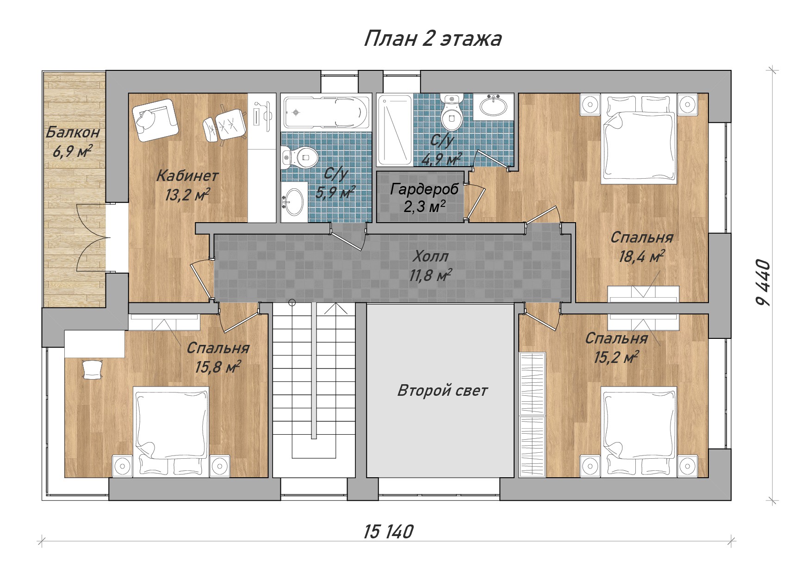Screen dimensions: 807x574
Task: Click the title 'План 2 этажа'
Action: point(433,39)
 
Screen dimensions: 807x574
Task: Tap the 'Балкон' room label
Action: point(73,132)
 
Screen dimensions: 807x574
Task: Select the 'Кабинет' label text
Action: point(187,176)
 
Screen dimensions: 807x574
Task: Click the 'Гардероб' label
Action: point(424,189)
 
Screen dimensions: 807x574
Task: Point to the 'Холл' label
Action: point(431,256)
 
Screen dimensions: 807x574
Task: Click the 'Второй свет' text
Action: point(442,391)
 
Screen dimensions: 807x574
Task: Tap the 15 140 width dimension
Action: point(388,532)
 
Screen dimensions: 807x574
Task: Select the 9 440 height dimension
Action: point(763,283)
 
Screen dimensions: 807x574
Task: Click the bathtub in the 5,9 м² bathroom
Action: point(326,112)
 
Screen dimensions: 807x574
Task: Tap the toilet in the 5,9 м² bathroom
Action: point(299,157)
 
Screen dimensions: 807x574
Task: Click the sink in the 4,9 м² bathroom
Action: point(493,106)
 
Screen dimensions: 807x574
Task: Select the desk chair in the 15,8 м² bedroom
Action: point(92,369)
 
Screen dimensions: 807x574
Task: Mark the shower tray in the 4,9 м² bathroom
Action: point(395,131)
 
